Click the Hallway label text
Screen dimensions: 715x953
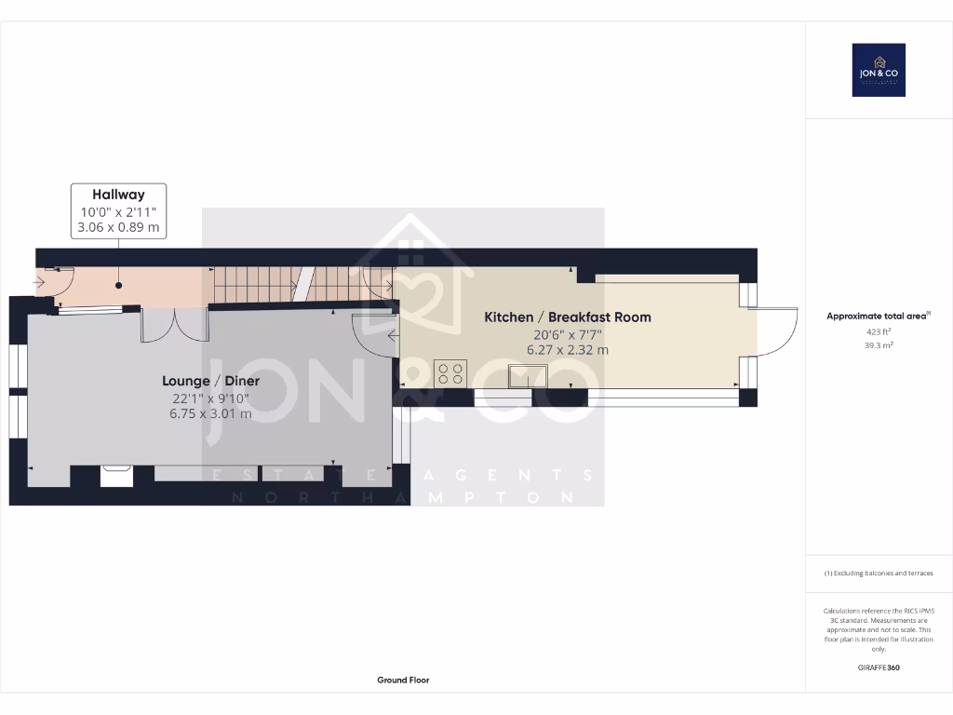(x=118, y=195)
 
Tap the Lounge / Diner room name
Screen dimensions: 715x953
(x=210, y=381)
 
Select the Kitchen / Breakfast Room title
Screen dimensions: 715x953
(x=568, y=317)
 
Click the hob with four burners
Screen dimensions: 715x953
(x=450, y=373)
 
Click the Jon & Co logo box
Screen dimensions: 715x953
(x=879, y=70)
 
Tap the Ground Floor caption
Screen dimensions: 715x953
(x=403, y=681)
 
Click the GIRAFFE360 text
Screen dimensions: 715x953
(x=879, y=668)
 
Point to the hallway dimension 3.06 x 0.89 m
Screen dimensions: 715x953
(x=118, y=228)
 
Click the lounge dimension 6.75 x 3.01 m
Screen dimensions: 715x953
(x=210, y=414)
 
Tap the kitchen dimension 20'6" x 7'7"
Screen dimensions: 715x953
(x=568, y=334)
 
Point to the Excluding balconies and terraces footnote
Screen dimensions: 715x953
(x=879, y=573)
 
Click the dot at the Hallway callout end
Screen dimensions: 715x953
(x=119, y=286)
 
